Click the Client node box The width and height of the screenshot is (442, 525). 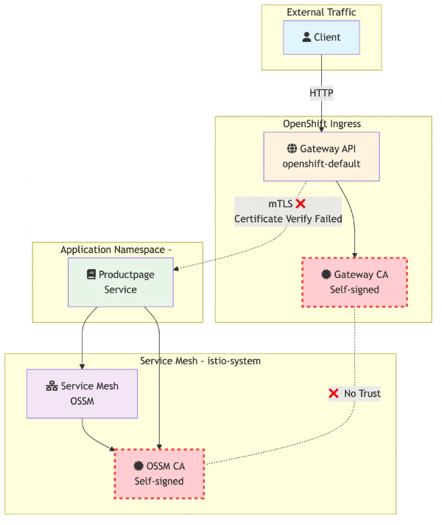tap(322, 38)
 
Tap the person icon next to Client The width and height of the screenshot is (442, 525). tap(306, 38)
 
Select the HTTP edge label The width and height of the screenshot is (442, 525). tap(322, 94)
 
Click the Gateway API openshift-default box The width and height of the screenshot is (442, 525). tap(321, 156)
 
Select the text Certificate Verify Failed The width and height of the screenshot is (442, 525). tap(288, 219)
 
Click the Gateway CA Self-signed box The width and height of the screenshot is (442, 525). tap(354, 282)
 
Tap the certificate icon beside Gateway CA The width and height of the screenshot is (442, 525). tap(326, 275)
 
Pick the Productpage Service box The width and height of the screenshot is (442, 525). tap(121, 282)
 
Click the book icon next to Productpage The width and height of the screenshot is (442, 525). tap(91, 274)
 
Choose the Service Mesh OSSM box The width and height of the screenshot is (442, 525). tap(82, 394)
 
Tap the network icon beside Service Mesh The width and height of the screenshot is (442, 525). tap(52, 386)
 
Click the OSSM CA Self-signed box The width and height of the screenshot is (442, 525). tap(159, 473)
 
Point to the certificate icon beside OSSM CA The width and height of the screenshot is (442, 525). tap(138, 466)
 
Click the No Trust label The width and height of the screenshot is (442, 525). tap(354, 394)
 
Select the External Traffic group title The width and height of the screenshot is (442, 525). tap(321, 12)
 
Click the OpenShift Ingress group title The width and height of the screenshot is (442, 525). tap(322, 123)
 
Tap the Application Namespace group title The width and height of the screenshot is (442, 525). tap(116, 250)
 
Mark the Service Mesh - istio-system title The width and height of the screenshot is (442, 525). tap(200, 361)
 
